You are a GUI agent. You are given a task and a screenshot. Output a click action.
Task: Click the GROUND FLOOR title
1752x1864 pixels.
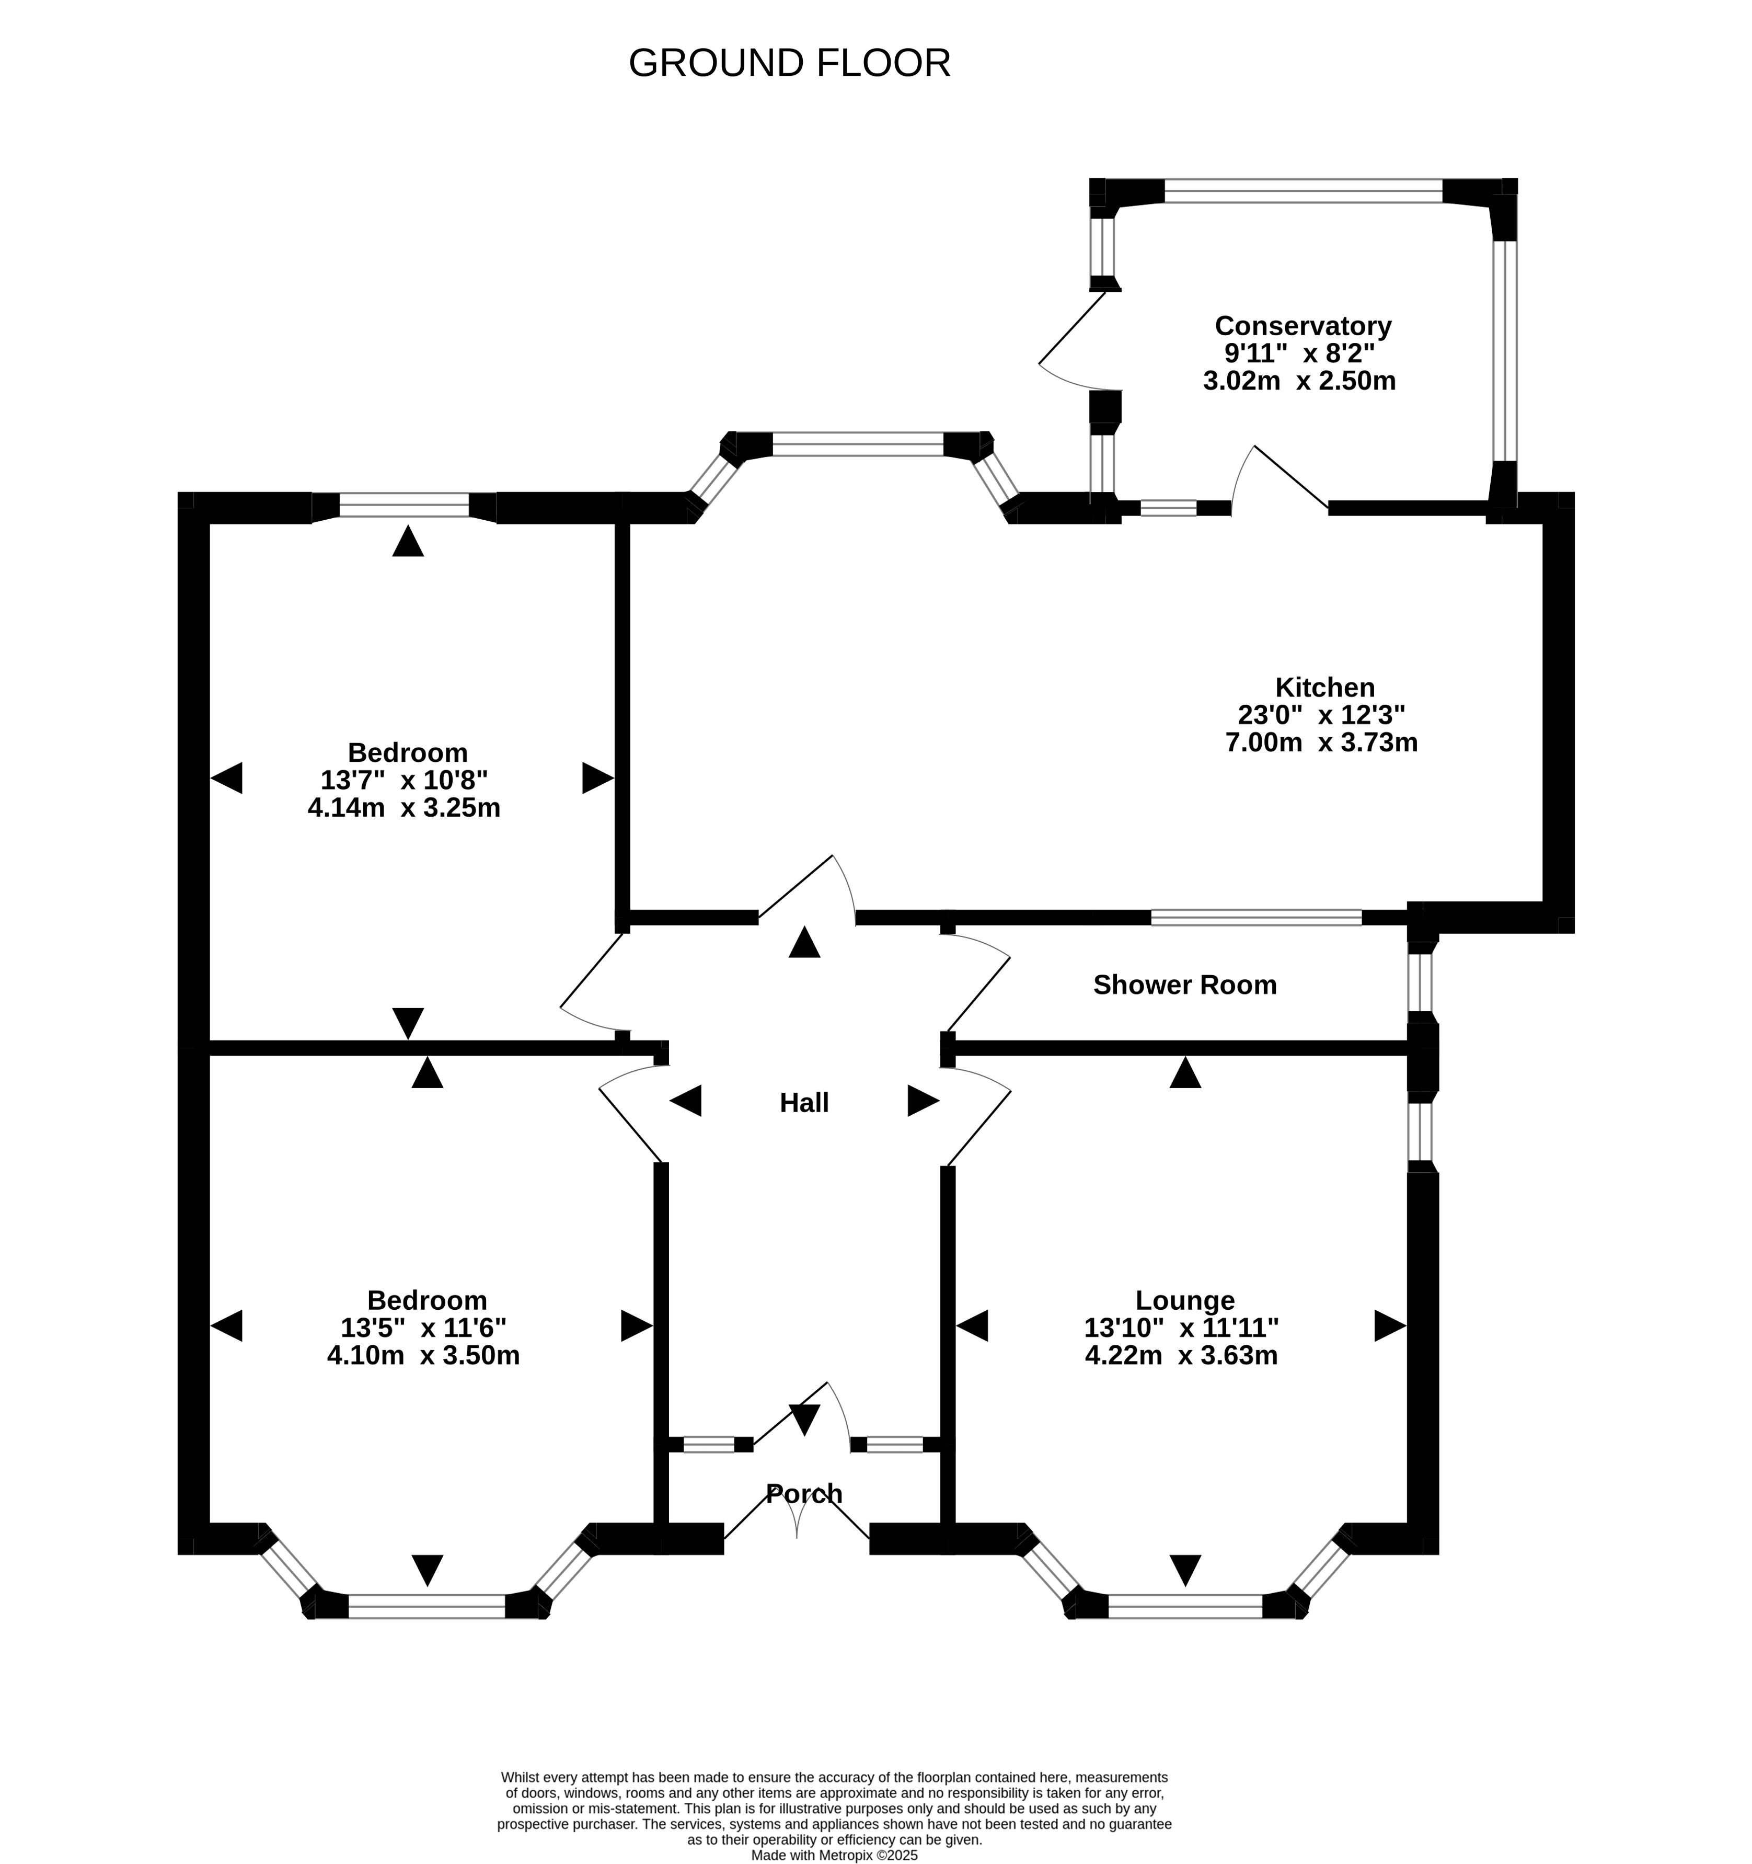[789, 63]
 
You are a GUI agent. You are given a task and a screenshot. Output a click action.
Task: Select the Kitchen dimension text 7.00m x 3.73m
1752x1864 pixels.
[1321, 742]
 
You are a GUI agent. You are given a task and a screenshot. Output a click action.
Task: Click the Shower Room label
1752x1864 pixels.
[1185, 985]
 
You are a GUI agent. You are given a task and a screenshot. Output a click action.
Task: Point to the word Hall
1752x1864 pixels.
[804, 1103]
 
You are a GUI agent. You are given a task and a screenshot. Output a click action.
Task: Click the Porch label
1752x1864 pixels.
[804, 1494]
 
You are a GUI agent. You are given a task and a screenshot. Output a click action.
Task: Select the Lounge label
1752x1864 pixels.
[1185, 1300]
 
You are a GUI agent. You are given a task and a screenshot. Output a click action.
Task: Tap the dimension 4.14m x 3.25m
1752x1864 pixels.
[404, 807]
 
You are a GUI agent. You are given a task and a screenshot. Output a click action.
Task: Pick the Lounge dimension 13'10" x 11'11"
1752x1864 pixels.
[1181, 1328]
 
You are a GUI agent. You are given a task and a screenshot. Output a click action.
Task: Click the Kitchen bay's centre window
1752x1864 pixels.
[858, 443]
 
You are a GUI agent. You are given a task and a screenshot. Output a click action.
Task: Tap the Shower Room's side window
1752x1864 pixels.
[1421, 982]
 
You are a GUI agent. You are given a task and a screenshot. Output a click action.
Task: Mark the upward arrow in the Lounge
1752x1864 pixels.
[1185, 1072]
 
